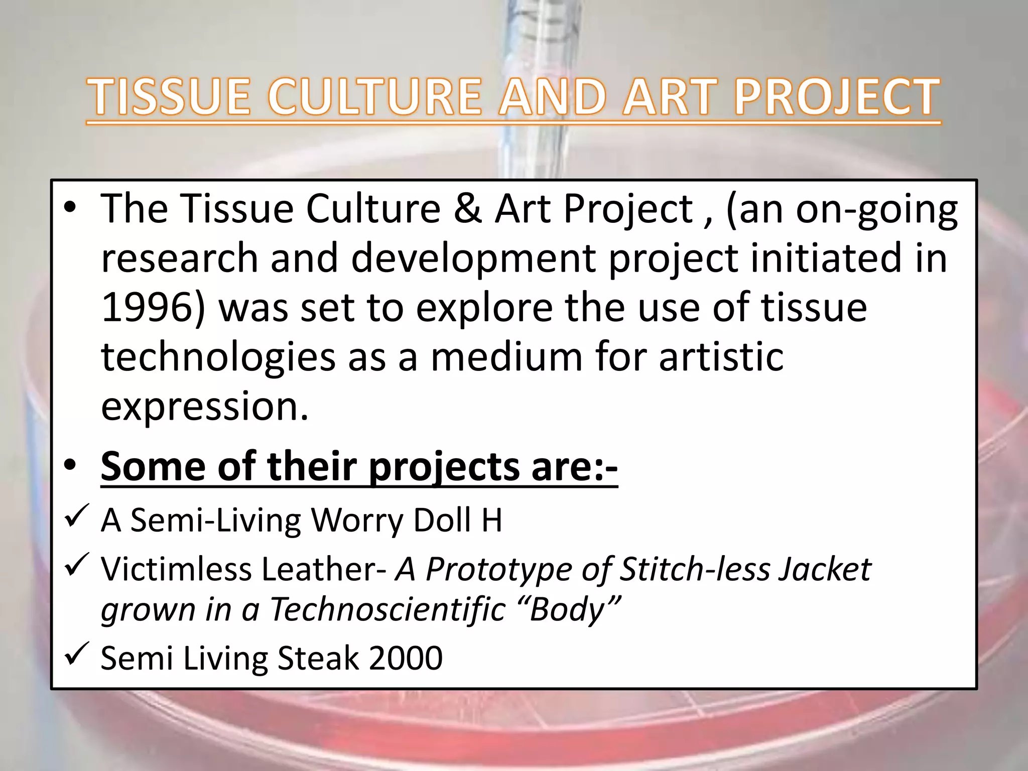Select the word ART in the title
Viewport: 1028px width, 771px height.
point(673,96)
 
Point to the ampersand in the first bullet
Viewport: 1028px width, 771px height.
point(467,208)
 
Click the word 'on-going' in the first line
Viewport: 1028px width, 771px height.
point(876,209)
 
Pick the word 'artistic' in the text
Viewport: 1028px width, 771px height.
point(721,356)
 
